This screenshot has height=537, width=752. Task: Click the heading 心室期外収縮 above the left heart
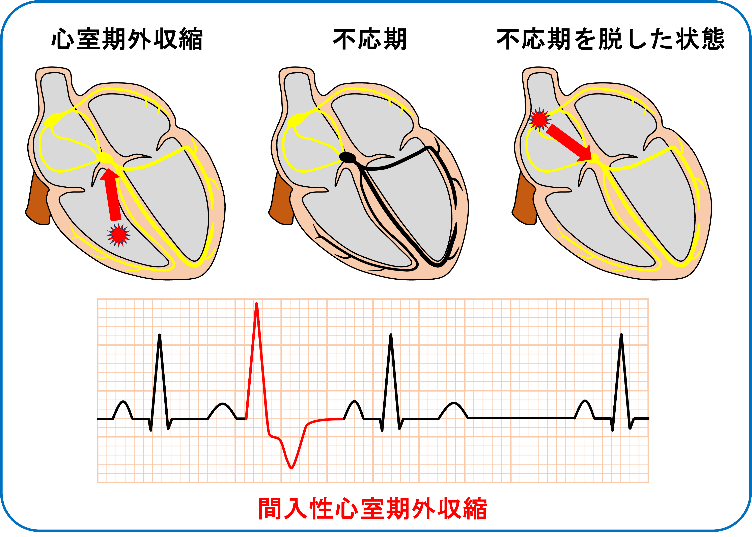pyautogui.click(x=127, y=40)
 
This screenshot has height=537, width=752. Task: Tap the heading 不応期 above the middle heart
pyautogui.click(x=369, y=40)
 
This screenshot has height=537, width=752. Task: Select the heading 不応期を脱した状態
pyautogui.click(x=611, y=40)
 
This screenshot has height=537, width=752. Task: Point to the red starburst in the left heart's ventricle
pyautogui.click(x=118, y=235)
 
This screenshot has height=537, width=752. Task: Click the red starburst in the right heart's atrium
pyautogui.click(x=539, y=119)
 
